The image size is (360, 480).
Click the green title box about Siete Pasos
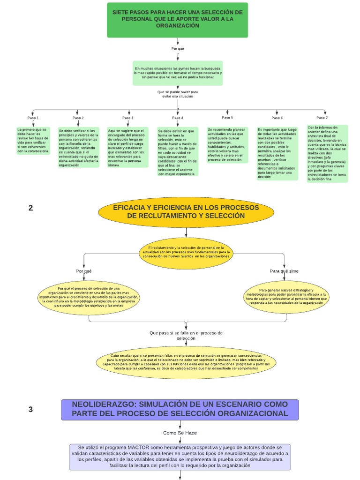[177, 20]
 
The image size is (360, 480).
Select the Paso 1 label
[33, 118]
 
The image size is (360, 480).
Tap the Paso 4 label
[178, 118]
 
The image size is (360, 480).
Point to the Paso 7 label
[322, 118]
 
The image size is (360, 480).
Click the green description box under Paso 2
[79, 148]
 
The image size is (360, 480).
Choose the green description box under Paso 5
[227, 145]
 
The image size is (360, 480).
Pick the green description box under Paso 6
[277, 153]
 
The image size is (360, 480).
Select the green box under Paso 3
[128, 148]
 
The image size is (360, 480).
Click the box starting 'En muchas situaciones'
[178, 73]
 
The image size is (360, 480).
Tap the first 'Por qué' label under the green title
[178, 49]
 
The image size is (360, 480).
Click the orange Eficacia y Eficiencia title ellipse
[186, 212]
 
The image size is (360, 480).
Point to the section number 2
[31, 208]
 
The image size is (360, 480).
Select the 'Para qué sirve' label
[284, 271]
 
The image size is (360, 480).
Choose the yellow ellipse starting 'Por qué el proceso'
[89, 297]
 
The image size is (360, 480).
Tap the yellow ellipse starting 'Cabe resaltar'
[186, 362]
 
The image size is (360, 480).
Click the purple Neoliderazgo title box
[180, 410]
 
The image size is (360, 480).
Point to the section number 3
[31, 409]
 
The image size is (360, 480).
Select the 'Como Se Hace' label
[180, 433]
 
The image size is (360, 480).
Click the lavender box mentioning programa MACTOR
[180, 457]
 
